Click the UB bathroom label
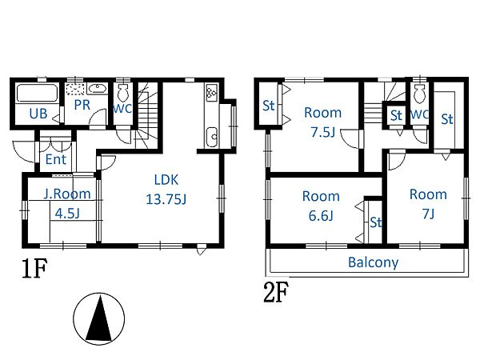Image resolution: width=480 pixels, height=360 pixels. click(x=38, y=114)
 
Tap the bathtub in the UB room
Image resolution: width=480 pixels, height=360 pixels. click(x=37, y=93)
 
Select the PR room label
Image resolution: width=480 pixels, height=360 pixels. click(x=82, y=105)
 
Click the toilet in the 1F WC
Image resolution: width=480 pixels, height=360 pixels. click(x=123, y=93)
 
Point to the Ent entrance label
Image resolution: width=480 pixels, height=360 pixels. click(x=56, y=159)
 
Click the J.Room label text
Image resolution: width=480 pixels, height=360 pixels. click(x=67, y=194)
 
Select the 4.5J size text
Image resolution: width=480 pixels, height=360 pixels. click(x=67, y=213)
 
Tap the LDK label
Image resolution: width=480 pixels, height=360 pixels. click(x=166, y=180)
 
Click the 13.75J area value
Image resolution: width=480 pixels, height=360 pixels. click(x=166, y=199)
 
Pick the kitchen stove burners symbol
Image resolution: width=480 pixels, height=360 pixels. click(x=211, y=93)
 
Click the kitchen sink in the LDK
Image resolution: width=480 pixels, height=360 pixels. click(x=212, y=137)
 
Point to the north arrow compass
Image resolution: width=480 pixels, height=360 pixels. click(x=99, y=318)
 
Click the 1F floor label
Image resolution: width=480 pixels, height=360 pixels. click(x=34, y=268)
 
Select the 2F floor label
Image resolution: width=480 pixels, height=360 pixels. click(x=276, y=292)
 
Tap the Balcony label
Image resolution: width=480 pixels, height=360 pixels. click(x=373, y=262)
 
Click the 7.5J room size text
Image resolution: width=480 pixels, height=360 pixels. click(x=323, y=132)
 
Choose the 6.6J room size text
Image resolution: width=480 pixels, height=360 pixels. click(x=321, y=216)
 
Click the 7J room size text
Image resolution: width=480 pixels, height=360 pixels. click(x=428, y=214)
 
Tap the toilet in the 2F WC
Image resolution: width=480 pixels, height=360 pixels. click(x=419, y=94)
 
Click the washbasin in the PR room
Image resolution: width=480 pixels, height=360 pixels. click(x=98, y=89)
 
